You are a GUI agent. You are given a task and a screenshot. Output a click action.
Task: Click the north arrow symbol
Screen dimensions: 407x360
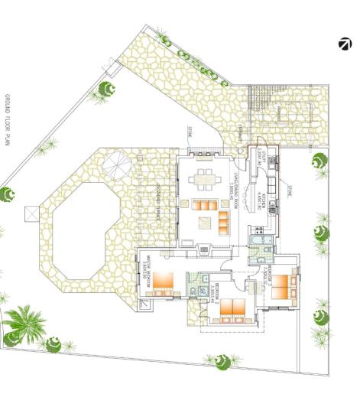coord(345,44)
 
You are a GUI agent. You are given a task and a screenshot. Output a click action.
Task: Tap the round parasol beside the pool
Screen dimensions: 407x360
coord(117,163)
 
